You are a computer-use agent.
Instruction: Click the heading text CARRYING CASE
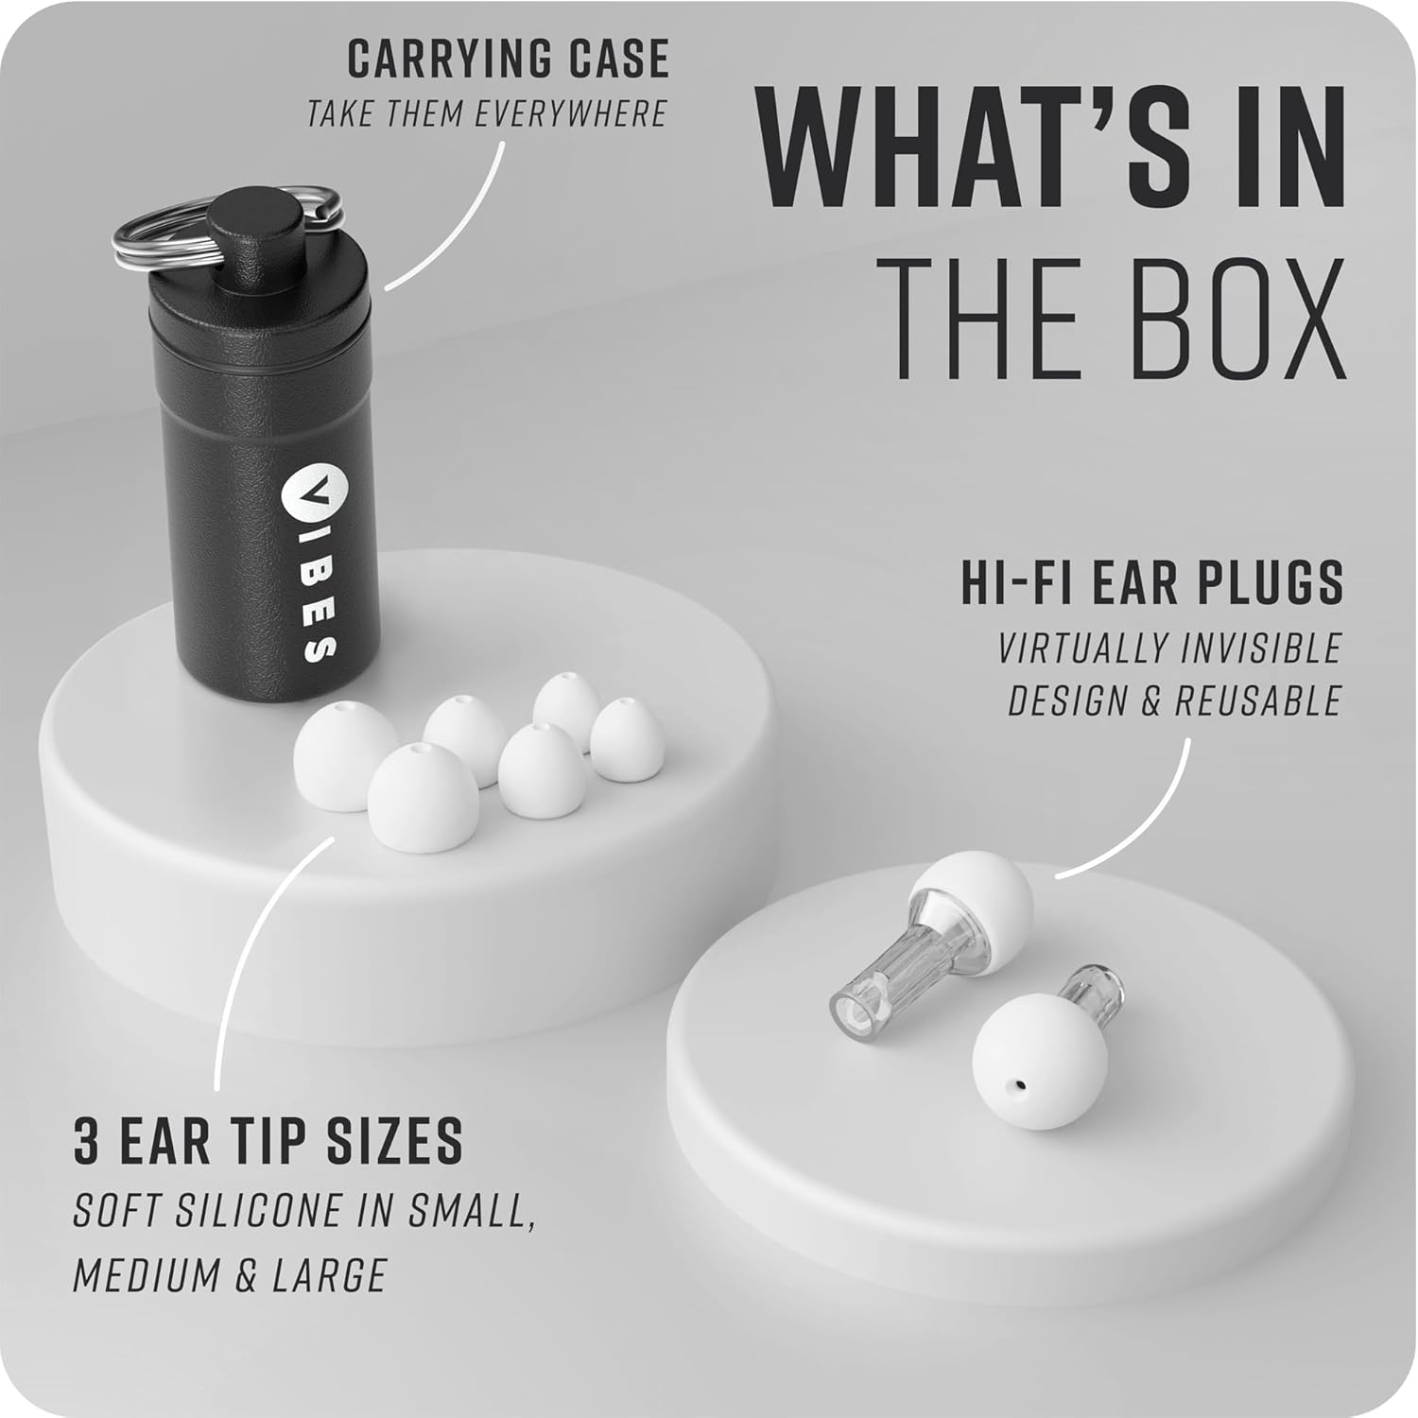(509, 60)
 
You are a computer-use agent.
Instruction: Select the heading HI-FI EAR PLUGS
(1152, 582)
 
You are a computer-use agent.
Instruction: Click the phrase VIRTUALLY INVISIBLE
(1170, 648)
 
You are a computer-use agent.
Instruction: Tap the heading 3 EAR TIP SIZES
(268, 1140)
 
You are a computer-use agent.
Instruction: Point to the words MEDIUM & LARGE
(230, 1275)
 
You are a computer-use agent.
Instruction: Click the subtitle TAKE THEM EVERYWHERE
(487, 113)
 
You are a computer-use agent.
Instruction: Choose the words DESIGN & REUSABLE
(1175, 700)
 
